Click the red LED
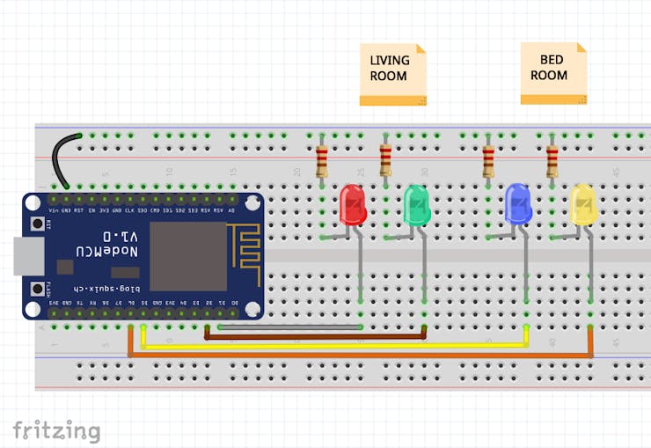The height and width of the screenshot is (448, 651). coord(353,204)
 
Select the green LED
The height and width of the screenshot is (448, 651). coord(416,205)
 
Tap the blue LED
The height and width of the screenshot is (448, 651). coord(518,204)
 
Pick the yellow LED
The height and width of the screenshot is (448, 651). coord(582,204)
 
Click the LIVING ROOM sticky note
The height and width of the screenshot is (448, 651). coord(392,74)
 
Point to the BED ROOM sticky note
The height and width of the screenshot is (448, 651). coord(552,72)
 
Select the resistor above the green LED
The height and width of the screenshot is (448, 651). coord(385,160)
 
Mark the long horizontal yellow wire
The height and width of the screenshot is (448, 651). coord(334,345)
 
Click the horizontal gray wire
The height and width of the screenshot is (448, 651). coord(290,327)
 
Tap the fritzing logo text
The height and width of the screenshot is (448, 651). coord(56,430)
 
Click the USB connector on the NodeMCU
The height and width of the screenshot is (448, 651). coord(26,256)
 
